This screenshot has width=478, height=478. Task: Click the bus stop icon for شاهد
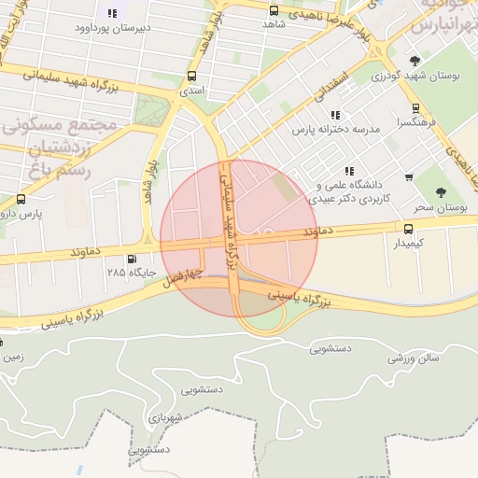274,11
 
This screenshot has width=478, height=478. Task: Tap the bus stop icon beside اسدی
191,77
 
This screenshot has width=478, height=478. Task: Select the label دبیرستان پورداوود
113,29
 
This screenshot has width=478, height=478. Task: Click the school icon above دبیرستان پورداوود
113,13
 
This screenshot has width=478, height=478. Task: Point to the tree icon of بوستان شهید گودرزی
415,61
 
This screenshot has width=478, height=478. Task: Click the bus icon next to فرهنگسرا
415,107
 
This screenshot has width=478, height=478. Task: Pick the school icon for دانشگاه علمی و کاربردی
349,170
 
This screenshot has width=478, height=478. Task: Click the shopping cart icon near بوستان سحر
409,177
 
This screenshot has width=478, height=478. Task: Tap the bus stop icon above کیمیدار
407,228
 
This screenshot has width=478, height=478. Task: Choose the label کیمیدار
406,243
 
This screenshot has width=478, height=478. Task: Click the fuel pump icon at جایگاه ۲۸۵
131,260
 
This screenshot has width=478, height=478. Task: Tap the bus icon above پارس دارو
21,199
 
